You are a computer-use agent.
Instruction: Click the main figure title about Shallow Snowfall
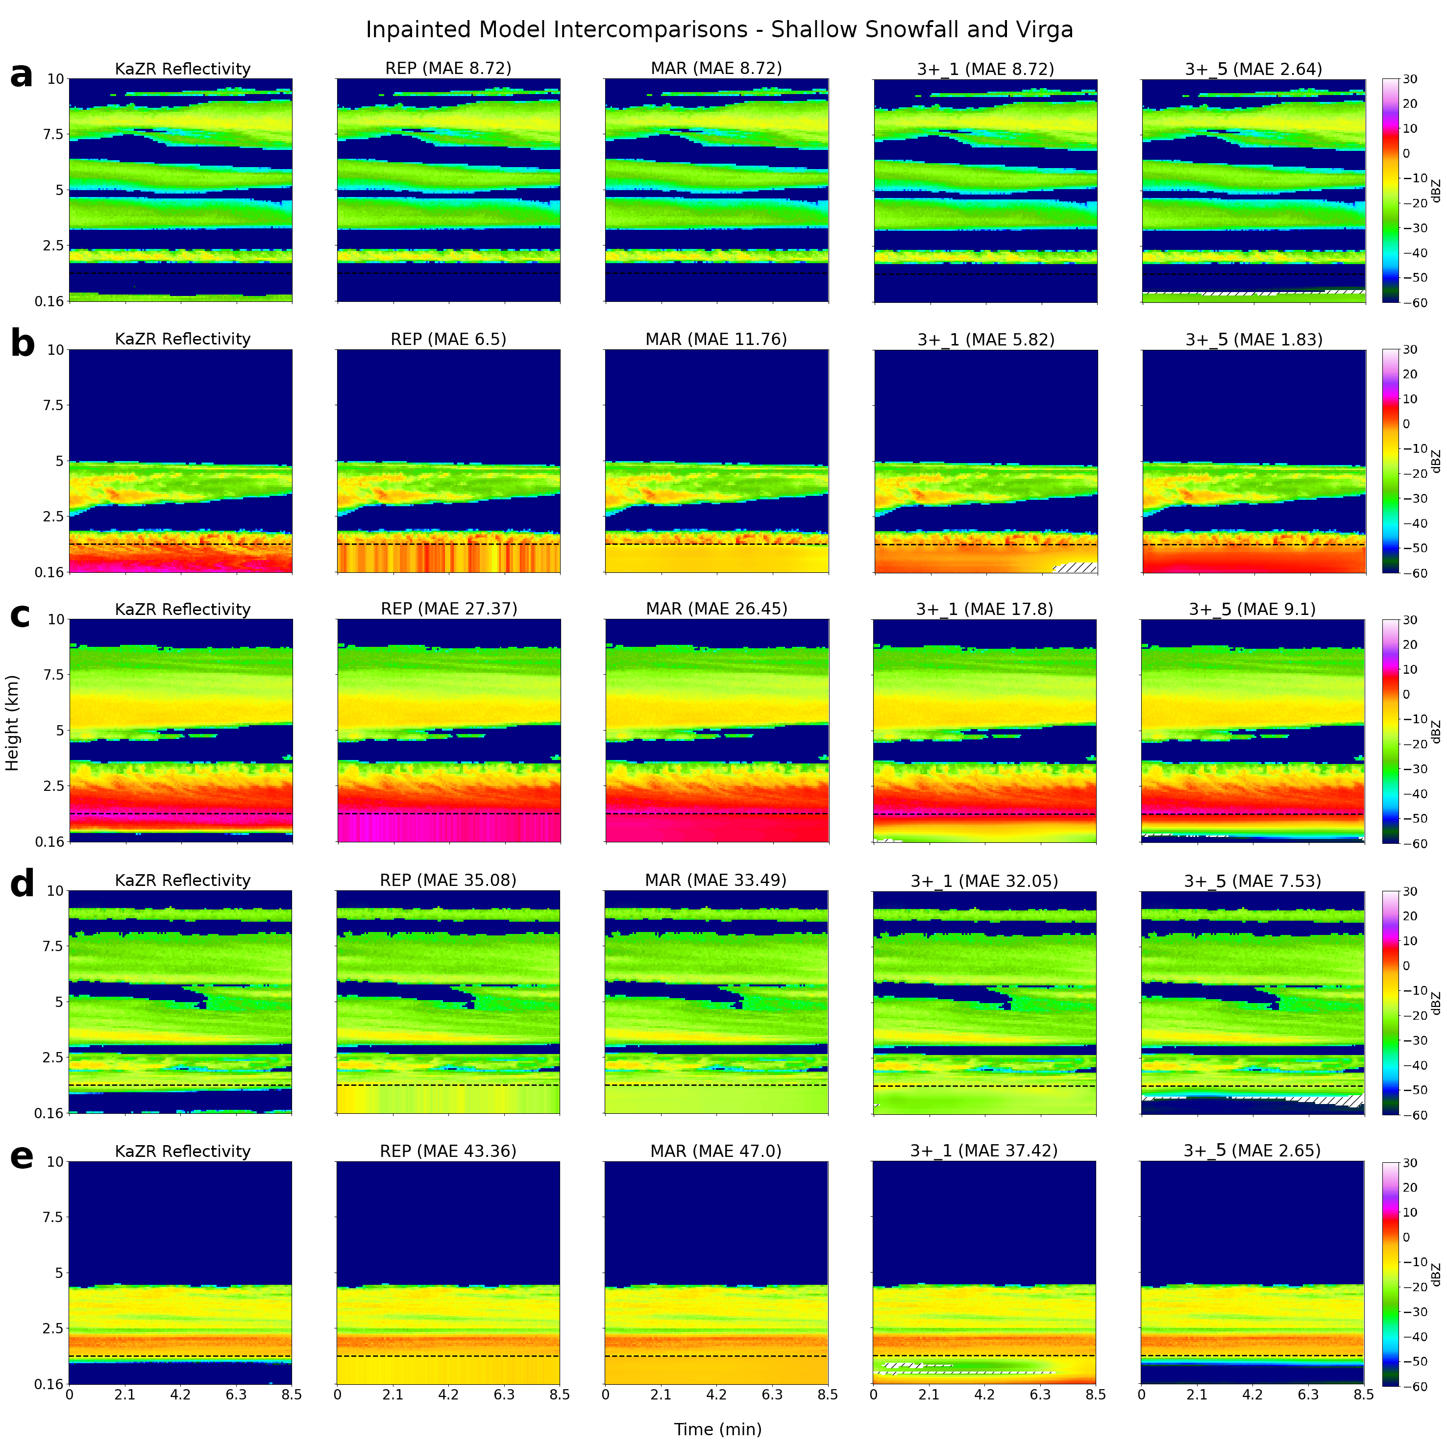pyautogui.click(x=719, y=30)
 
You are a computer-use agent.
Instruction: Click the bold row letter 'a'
pyautogui.click(x=22, y=75)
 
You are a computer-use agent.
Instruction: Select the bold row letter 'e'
pyautogui.click(x=22, y=1156)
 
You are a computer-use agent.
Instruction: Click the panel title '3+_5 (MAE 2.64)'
pyautogui.click(x=1253, y=69)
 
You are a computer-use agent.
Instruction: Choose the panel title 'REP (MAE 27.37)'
pyautogui.click(x=449, y=609)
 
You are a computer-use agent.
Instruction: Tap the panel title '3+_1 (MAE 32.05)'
pyautogui.click(x=984, y=881)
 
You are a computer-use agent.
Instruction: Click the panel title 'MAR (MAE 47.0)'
pyautogui.click(x=716, y=1151)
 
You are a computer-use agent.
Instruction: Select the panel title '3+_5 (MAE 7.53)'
pyautogui.click(x=1252, y=881)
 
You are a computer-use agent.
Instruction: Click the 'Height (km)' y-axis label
pyautogui.click(x=12, y=723)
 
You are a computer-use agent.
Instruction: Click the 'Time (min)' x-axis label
pyautogui.click(x=717, y=1429)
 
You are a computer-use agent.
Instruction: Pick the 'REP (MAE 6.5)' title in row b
pyautogui.click(x=449, y=339)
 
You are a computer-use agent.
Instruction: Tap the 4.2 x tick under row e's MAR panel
pyautogui.click(x=716, y=1395)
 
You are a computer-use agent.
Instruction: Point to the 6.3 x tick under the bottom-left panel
pyautogui.click(x=236, y=1395)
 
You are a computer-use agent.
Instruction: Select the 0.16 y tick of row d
pyautogui.click(x=49, y=1113)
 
